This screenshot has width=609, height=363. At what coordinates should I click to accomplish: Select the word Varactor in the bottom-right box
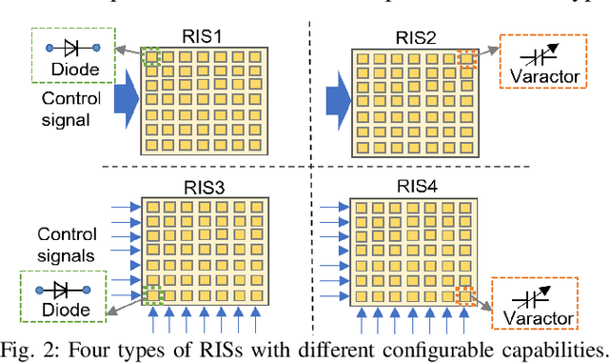[536, 318]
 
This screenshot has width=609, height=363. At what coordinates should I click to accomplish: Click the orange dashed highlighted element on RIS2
[466, 59]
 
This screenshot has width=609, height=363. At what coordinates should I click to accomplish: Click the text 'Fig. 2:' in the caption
[25, 347]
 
